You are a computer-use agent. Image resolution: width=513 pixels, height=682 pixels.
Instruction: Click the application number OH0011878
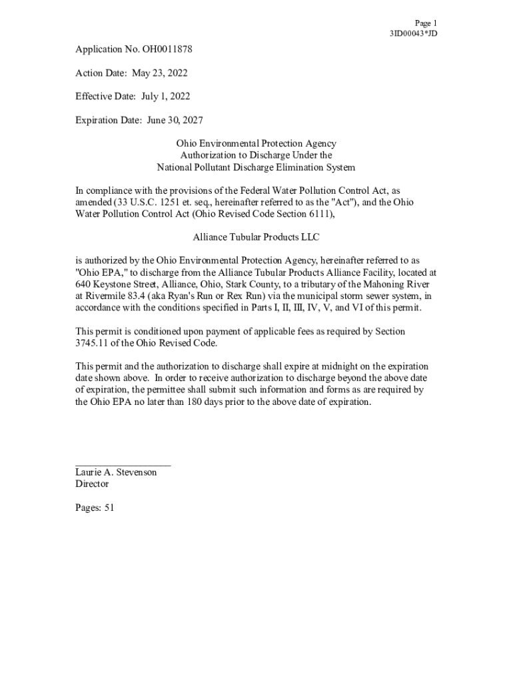159,49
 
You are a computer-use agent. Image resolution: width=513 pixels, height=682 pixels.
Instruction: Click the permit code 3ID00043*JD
413,33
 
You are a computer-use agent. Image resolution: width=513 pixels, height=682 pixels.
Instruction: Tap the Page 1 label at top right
426,23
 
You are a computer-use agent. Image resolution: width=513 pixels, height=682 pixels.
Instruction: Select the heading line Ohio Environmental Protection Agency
256,144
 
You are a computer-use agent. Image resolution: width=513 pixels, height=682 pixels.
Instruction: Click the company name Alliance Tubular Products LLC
256,237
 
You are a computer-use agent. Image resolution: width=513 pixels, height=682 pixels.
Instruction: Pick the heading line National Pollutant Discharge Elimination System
256,168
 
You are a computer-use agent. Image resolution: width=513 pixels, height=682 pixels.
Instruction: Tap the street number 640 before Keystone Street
83,284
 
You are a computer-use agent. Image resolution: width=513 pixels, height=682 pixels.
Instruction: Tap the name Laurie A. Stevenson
116,472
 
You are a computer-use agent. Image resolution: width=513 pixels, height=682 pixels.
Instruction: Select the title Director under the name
92,484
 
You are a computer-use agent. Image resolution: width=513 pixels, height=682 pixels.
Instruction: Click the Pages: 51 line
95,508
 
